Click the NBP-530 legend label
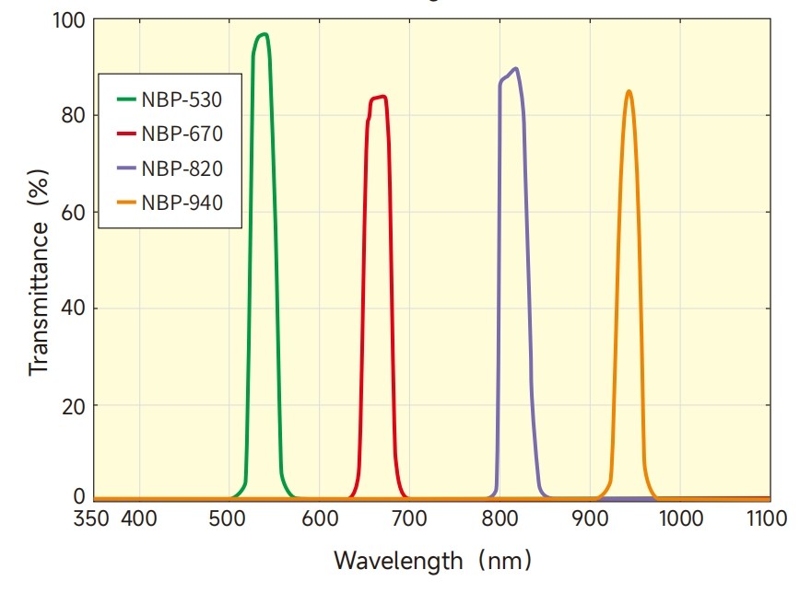tap(182, 98)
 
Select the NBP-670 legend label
tap(182, 134)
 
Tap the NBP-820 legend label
tap(182, 169)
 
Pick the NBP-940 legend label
tap(182, 203)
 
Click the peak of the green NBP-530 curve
tap(264, 34)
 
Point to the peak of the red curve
tap(382, 96)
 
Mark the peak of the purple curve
tap(515, 68)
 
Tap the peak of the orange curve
tap(629, 91)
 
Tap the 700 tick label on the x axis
tap(409, 519)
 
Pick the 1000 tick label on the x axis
tap(680, 519)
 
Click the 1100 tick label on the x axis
tap(766, 519)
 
